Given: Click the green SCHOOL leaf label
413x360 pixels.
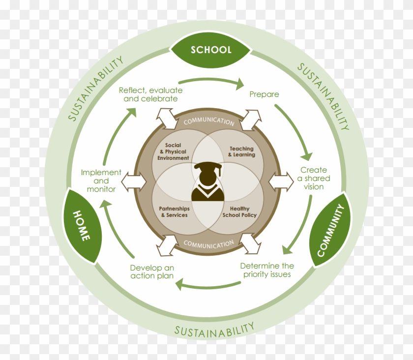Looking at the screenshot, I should tap(211, 50).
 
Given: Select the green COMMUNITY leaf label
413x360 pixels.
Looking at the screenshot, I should tap(334, 230).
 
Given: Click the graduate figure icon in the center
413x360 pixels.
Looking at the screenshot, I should tap(208, 182).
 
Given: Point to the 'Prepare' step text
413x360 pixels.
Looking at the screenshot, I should tap(264, 94).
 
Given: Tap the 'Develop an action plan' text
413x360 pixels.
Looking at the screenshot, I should tap(152, 272).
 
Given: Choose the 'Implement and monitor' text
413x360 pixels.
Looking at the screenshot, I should tap(101, 180).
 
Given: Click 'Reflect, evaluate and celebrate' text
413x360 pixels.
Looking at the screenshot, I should tap(150, 94).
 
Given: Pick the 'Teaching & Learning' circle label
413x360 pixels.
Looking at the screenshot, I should tap(242, 151).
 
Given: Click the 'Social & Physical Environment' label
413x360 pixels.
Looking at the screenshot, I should tap(173, 151).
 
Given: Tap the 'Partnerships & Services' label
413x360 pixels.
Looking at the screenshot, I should tap(174, 212).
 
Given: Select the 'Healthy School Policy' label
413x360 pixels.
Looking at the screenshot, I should tap(239, 212).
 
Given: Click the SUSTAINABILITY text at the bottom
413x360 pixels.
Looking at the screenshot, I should tap(214, 329).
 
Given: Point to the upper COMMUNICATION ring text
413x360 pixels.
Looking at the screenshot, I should tap(208, 121).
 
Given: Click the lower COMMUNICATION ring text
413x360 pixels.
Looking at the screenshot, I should tap(208, 244).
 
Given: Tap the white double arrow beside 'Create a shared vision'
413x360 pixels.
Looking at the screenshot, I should tap(281, 181).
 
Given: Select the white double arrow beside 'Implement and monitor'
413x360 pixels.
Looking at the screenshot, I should tap(135, 181).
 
